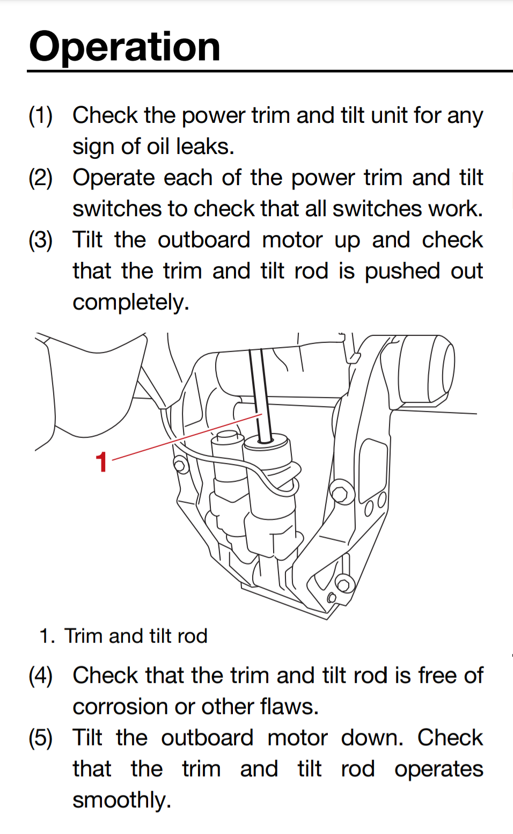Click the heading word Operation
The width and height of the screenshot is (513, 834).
click(x=124, y=47)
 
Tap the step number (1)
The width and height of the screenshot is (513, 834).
click(x=41, y=116)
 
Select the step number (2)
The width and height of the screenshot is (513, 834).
click(x=41, y=178)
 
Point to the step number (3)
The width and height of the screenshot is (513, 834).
click(x=41, y=240)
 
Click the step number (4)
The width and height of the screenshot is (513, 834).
click(x=41, y=676)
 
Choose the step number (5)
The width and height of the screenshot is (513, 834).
click(x=41, y=738)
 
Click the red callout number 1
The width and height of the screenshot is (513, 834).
click(x=101, y=462)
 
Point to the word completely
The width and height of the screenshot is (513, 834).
click(x=130, y=303)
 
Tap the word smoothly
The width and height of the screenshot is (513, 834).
click(x=122, y=800)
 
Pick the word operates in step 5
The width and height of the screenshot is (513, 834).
click(x=438, y=770)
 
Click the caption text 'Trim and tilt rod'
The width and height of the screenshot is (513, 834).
click(x=136, y=636)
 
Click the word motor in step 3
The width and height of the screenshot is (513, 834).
click(x=292, y=240)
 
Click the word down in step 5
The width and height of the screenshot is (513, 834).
click(x=371, y=738)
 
